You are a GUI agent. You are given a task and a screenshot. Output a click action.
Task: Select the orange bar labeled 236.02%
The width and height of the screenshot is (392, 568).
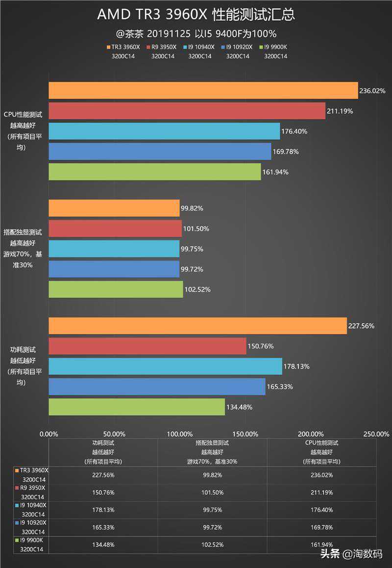[x=203, y=90]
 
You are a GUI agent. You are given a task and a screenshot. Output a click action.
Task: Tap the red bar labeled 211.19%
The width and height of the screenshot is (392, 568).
[x=187, y=110]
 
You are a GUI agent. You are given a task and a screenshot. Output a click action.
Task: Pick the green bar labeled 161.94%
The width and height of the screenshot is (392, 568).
[x=154, y=172]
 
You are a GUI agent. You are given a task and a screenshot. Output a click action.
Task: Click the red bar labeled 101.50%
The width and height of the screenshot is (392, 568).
[x=115, y=229]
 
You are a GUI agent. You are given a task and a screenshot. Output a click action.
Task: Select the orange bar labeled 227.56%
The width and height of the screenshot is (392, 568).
[x=197, y=326]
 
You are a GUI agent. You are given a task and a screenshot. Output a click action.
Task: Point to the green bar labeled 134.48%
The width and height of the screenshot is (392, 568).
[x=136, y=407]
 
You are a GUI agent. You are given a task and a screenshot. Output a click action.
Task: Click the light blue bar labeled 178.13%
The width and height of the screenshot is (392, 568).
[x=165, y=366]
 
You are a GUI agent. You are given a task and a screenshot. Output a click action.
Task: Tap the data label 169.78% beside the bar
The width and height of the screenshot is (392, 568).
[x=286, y=152]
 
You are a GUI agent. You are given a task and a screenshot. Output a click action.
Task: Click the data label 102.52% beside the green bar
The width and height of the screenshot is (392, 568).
[x=197, y=289]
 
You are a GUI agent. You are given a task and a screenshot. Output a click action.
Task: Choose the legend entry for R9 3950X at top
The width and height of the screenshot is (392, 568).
[x=163, y=48]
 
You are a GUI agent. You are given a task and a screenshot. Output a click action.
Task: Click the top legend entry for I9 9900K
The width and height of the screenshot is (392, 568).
[x=275, y=48]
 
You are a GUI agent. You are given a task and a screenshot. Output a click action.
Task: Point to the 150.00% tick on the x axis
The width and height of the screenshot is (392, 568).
[x=245, y=434]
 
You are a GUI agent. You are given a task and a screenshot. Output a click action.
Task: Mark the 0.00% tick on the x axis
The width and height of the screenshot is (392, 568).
[x=49, y=434]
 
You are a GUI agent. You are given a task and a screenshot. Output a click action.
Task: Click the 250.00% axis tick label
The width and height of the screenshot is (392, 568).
[x=376, y=434]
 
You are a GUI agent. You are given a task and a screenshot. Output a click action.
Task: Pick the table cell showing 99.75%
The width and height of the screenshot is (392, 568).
[x=212, y=510]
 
